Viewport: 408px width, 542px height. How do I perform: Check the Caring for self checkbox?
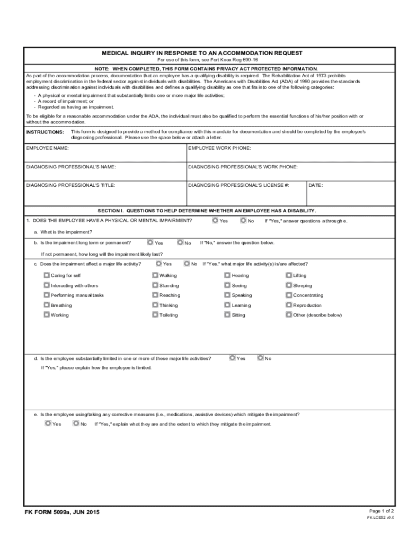[47, 275]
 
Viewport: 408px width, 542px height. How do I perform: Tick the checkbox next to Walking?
[155, 275]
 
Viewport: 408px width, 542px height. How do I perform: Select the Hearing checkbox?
[227, 275]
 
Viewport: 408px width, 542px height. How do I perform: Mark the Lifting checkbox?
[289, 275]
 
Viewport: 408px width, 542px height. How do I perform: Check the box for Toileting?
[155, 315]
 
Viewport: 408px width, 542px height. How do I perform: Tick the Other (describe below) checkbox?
[289, 315]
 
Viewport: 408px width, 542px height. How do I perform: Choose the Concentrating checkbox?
[289, 295]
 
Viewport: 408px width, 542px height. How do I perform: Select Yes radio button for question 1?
[215, 220]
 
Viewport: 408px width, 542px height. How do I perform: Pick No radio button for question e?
[76, 423]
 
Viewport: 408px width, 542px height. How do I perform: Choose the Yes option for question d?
[232, 358]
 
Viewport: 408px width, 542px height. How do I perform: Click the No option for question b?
[180, 242]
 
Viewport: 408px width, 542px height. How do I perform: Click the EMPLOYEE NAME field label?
[48, 148]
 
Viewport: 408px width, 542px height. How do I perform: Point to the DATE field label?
[315, 185]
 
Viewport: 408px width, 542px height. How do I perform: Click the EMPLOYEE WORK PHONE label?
[219, 148]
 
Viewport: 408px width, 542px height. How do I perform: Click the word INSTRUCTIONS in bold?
[46, 131]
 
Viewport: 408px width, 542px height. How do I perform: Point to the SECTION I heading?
[210, 210]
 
